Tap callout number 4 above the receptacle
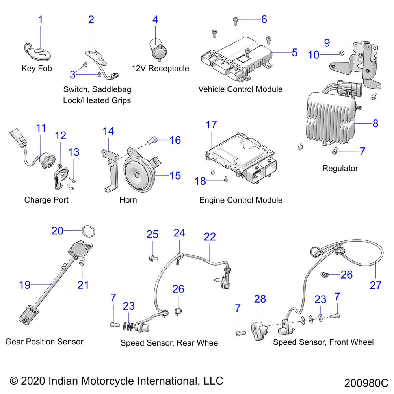pos(155,19)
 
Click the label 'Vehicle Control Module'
pos(240,89)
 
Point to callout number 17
pos(211,125)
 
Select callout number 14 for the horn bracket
pos(108,131)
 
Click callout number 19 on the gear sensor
pos(24,284)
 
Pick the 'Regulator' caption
pos(340,168)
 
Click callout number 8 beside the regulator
pos(375,123)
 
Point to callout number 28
pos(260,299)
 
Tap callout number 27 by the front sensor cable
pos(375,284)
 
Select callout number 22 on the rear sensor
pos(210,237)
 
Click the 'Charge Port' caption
pos(46,200)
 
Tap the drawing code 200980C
pos(366,383)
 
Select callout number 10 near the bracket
pos(314,55)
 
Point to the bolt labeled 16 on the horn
pos(153,139)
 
